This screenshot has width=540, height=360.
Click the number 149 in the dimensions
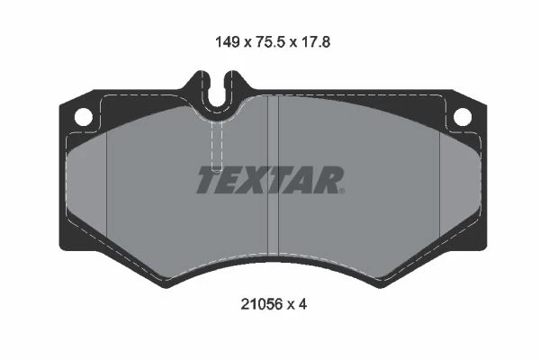click(228, 42)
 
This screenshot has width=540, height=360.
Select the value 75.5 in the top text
click(270, 42)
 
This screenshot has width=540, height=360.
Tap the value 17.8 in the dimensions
click(316, 42)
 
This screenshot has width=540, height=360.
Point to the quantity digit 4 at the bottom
click(302, 304)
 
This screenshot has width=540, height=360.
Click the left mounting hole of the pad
click(84, 117)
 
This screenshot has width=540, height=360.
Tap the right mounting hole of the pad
click(463, 117)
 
